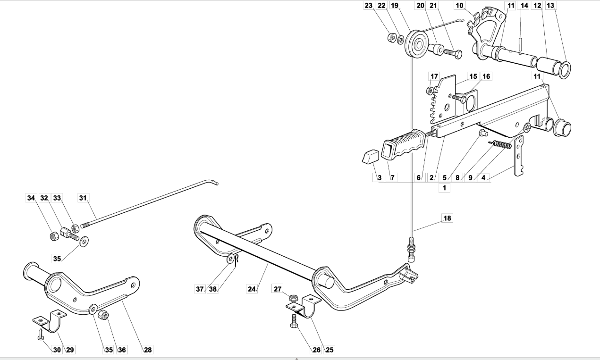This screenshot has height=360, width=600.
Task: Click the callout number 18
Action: tap(448, 218)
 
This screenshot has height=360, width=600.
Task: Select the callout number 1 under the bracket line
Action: tap(444, 188)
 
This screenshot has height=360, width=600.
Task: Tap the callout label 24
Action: tap(252, 289)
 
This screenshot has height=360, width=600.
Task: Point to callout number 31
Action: tap(83, 198)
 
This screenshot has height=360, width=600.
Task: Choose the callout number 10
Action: tap(459, 5)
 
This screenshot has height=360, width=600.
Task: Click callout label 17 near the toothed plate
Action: tap(434, 76)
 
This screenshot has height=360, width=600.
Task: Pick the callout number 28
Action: tap(148, 350)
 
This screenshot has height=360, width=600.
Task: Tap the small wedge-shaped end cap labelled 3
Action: tap(370, 156)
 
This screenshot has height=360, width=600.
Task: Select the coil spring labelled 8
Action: tap(500, 144)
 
